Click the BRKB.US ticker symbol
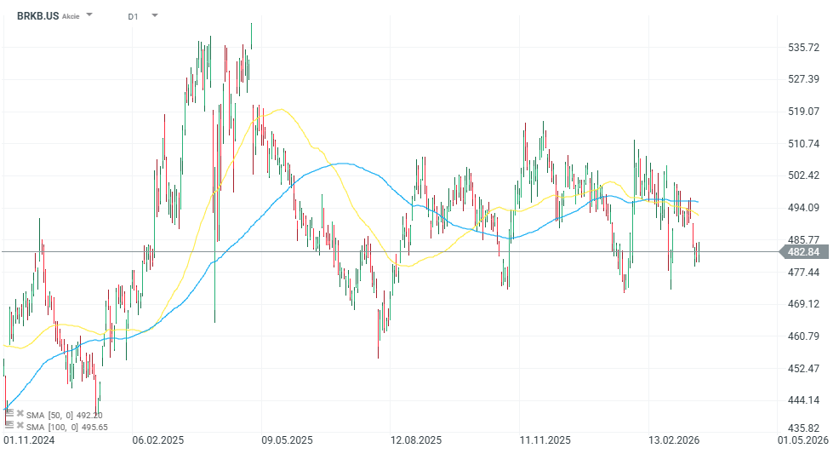[37, 15]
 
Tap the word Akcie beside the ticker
[71, 16]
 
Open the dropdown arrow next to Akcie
[90, 15]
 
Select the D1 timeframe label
[133, 16]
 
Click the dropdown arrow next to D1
[154, 15]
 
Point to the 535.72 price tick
[804, 48]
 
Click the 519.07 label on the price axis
[804, 112]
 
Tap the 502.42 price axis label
[804, 175]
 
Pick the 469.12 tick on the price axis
[804, 304]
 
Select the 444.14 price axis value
[804, 400]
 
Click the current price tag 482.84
[803, 251]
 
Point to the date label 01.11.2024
[29, 440]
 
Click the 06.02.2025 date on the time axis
[158, 440]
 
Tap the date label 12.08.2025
[416, 440]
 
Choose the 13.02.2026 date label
[674, 440]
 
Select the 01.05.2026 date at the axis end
[803, 440]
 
